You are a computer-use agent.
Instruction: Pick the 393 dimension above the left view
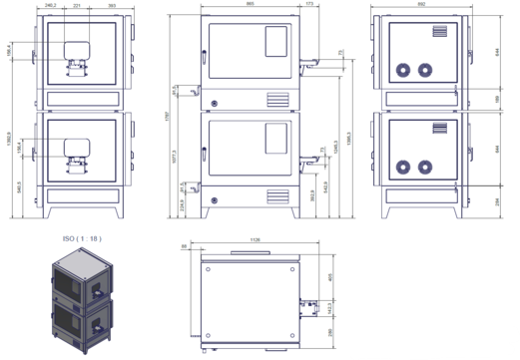pyautogui.click(x=112, y=6)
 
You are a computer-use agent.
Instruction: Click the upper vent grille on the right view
pyautogui.click(x=440, y=33)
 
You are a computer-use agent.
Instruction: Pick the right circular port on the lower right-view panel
pyautogui.click(x=426, y=166)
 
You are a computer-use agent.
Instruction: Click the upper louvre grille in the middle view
pyautogui.click(x=275, y=100)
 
